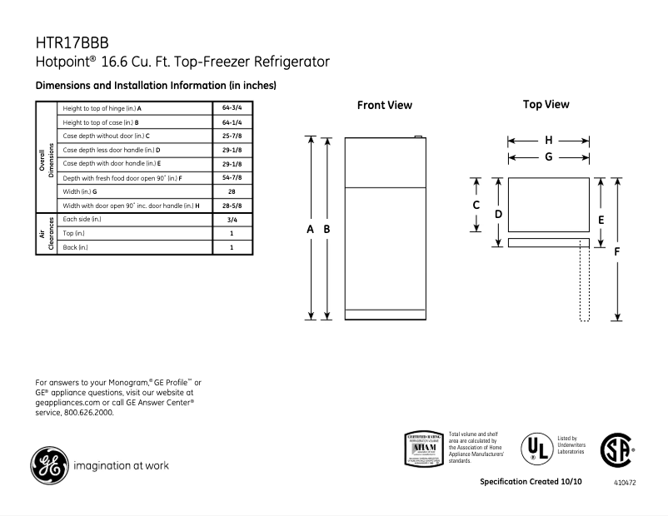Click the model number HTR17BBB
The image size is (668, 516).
coord(72,42)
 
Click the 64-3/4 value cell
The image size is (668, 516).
coord(231,108)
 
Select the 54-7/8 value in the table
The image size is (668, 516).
coord(231,178)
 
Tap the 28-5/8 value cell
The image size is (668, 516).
coord(231,206)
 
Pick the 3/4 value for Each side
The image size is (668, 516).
coord(231,220)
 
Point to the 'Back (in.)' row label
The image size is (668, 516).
coord(75,247)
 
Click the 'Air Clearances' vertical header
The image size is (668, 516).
coord(46,233)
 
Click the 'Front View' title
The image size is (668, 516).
coord(384,106)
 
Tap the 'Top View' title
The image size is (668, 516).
coord(546,105)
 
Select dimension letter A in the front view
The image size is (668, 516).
coord(311,229)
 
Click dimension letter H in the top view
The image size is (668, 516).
coord(549,141)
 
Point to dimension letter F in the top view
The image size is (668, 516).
coord(616,251)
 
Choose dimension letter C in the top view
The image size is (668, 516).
coord(476,205)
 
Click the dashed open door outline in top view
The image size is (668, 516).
coord(584,283)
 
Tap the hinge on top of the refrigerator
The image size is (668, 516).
coord(419,137)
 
